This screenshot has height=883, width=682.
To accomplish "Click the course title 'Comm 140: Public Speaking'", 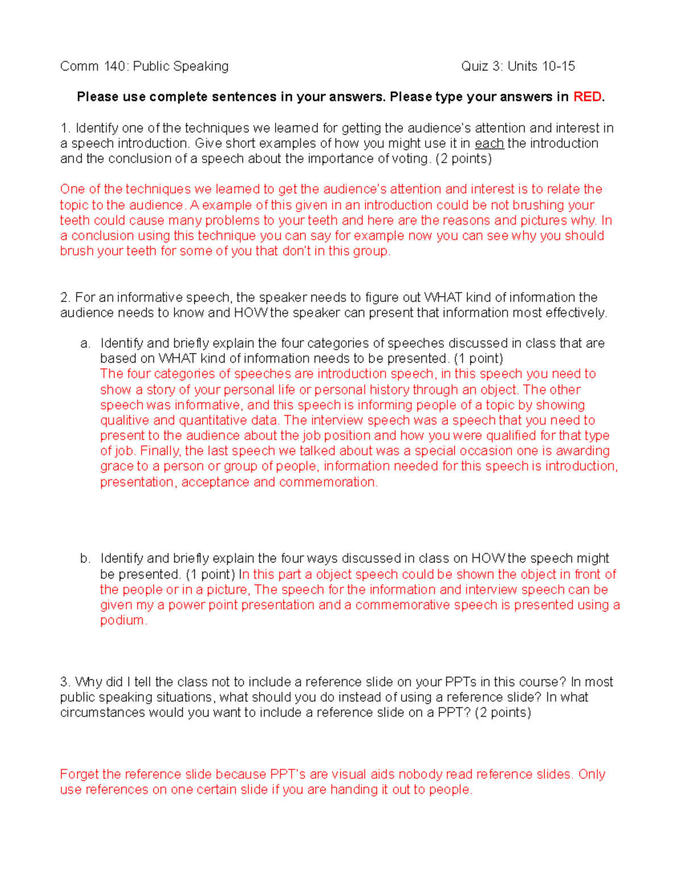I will click(144, 67).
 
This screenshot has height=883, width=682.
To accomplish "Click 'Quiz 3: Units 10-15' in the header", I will click(518, 67).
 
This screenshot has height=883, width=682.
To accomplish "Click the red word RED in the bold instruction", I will click(587, 97).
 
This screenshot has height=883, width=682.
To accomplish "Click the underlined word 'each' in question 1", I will click(489, 143).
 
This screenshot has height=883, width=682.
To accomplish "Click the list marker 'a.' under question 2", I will click(85, 343).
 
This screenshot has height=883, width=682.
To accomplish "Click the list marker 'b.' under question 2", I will click(85, 558).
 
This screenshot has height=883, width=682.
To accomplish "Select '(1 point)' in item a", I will click(478, 359).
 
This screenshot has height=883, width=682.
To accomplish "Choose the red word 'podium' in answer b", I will click(122, 620).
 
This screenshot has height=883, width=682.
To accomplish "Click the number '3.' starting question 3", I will click(65, 682).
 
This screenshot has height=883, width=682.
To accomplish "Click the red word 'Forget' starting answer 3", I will click(80, 774).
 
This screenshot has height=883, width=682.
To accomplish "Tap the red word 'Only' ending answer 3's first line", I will click(592, 774).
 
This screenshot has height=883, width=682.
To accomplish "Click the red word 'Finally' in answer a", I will click(160, 451).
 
